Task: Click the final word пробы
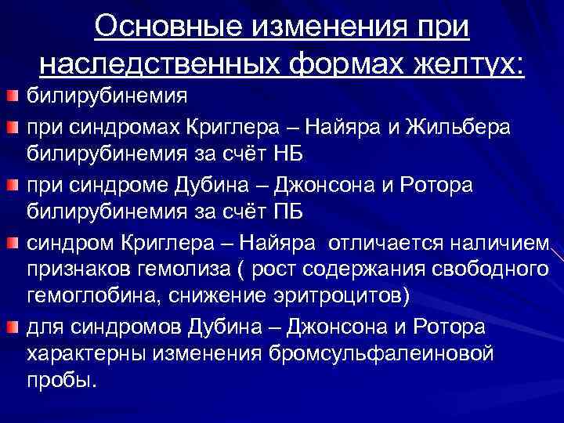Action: point(62,382)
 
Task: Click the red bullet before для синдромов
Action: point(12,327)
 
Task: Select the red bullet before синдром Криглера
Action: point(12,243)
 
